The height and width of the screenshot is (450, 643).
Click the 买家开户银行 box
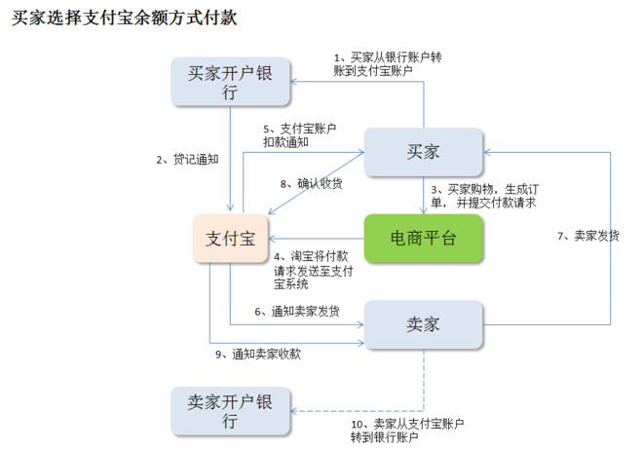coord(230,82)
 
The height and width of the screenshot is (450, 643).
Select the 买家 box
coord(424,152)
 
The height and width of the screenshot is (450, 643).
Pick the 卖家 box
coord(424,323)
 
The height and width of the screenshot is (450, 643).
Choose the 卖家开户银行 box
coord(230,411)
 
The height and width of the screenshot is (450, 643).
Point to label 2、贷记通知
coord(187,159)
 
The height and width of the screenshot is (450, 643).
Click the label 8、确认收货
coord(308,183)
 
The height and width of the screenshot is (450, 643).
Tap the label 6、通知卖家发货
coord(297,312)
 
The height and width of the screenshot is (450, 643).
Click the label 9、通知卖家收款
coord(256,355)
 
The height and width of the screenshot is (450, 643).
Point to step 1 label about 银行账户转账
coord(387,64)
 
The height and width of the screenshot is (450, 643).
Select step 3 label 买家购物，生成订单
coord(484,196)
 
